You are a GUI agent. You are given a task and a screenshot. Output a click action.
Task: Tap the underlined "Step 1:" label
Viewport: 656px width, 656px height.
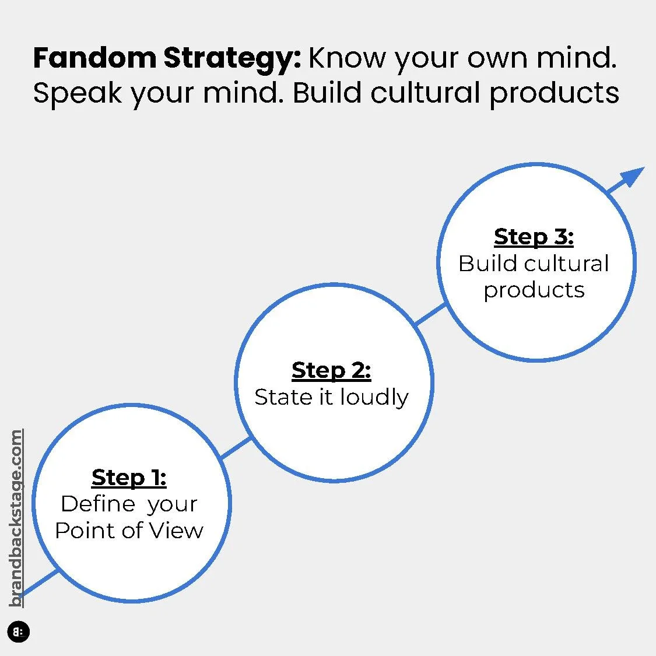click(x=129, y=478)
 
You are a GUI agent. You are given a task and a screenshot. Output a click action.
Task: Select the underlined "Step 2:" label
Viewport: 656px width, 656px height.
click(x=331, y=370)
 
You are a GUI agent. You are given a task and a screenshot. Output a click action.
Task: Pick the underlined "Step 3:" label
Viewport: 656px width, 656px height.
click(x=534, y=237)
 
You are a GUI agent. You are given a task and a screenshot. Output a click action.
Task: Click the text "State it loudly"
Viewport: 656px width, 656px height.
click(x=331, y=397)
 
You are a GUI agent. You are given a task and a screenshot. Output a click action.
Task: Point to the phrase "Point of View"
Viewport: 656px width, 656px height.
click(x=129, y=531)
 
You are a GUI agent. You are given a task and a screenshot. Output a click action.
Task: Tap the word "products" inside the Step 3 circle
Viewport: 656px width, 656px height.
click(x=534, y=290)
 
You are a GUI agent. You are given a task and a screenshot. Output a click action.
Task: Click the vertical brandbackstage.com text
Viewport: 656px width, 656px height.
click(x=16, y=518)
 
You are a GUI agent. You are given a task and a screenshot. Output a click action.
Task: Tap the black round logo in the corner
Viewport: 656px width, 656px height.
click(x=19, y=632)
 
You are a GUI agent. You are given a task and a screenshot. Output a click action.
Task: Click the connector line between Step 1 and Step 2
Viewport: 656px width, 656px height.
click(x=237, y=448)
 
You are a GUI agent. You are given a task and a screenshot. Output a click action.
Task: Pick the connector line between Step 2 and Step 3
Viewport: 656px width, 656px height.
click(x=430, y=314)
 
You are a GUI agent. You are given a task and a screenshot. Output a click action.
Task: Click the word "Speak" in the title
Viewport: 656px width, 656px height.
click(x=77, y=93)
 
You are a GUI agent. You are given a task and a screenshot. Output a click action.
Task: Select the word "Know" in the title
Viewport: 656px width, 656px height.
click(x=346, y=59)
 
